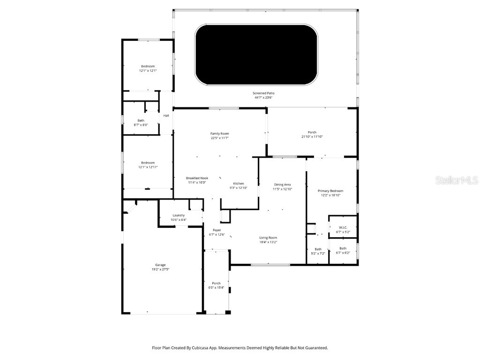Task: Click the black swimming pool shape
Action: click(256, 55)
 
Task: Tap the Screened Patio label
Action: click(264, 93)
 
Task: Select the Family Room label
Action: click(219, 134)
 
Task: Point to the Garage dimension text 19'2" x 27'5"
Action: click(160, 270)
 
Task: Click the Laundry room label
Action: click(178, 215)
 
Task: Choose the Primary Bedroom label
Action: click(330, 191)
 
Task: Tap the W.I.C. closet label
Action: click(343, 227)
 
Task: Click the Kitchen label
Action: click(239, 183)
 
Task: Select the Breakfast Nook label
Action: click(197, 178)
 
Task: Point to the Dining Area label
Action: click(283, 185)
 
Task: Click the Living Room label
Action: click(268, 238)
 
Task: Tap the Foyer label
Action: click(217, 230)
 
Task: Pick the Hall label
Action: click(166, 116)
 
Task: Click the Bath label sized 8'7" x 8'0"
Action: click(141, 120)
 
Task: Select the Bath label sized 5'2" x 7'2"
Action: click(318, 249)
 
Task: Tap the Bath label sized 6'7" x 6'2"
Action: click(343, 248)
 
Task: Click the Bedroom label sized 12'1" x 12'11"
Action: click(148, 163)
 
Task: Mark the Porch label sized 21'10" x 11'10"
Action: click(312, 132)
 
